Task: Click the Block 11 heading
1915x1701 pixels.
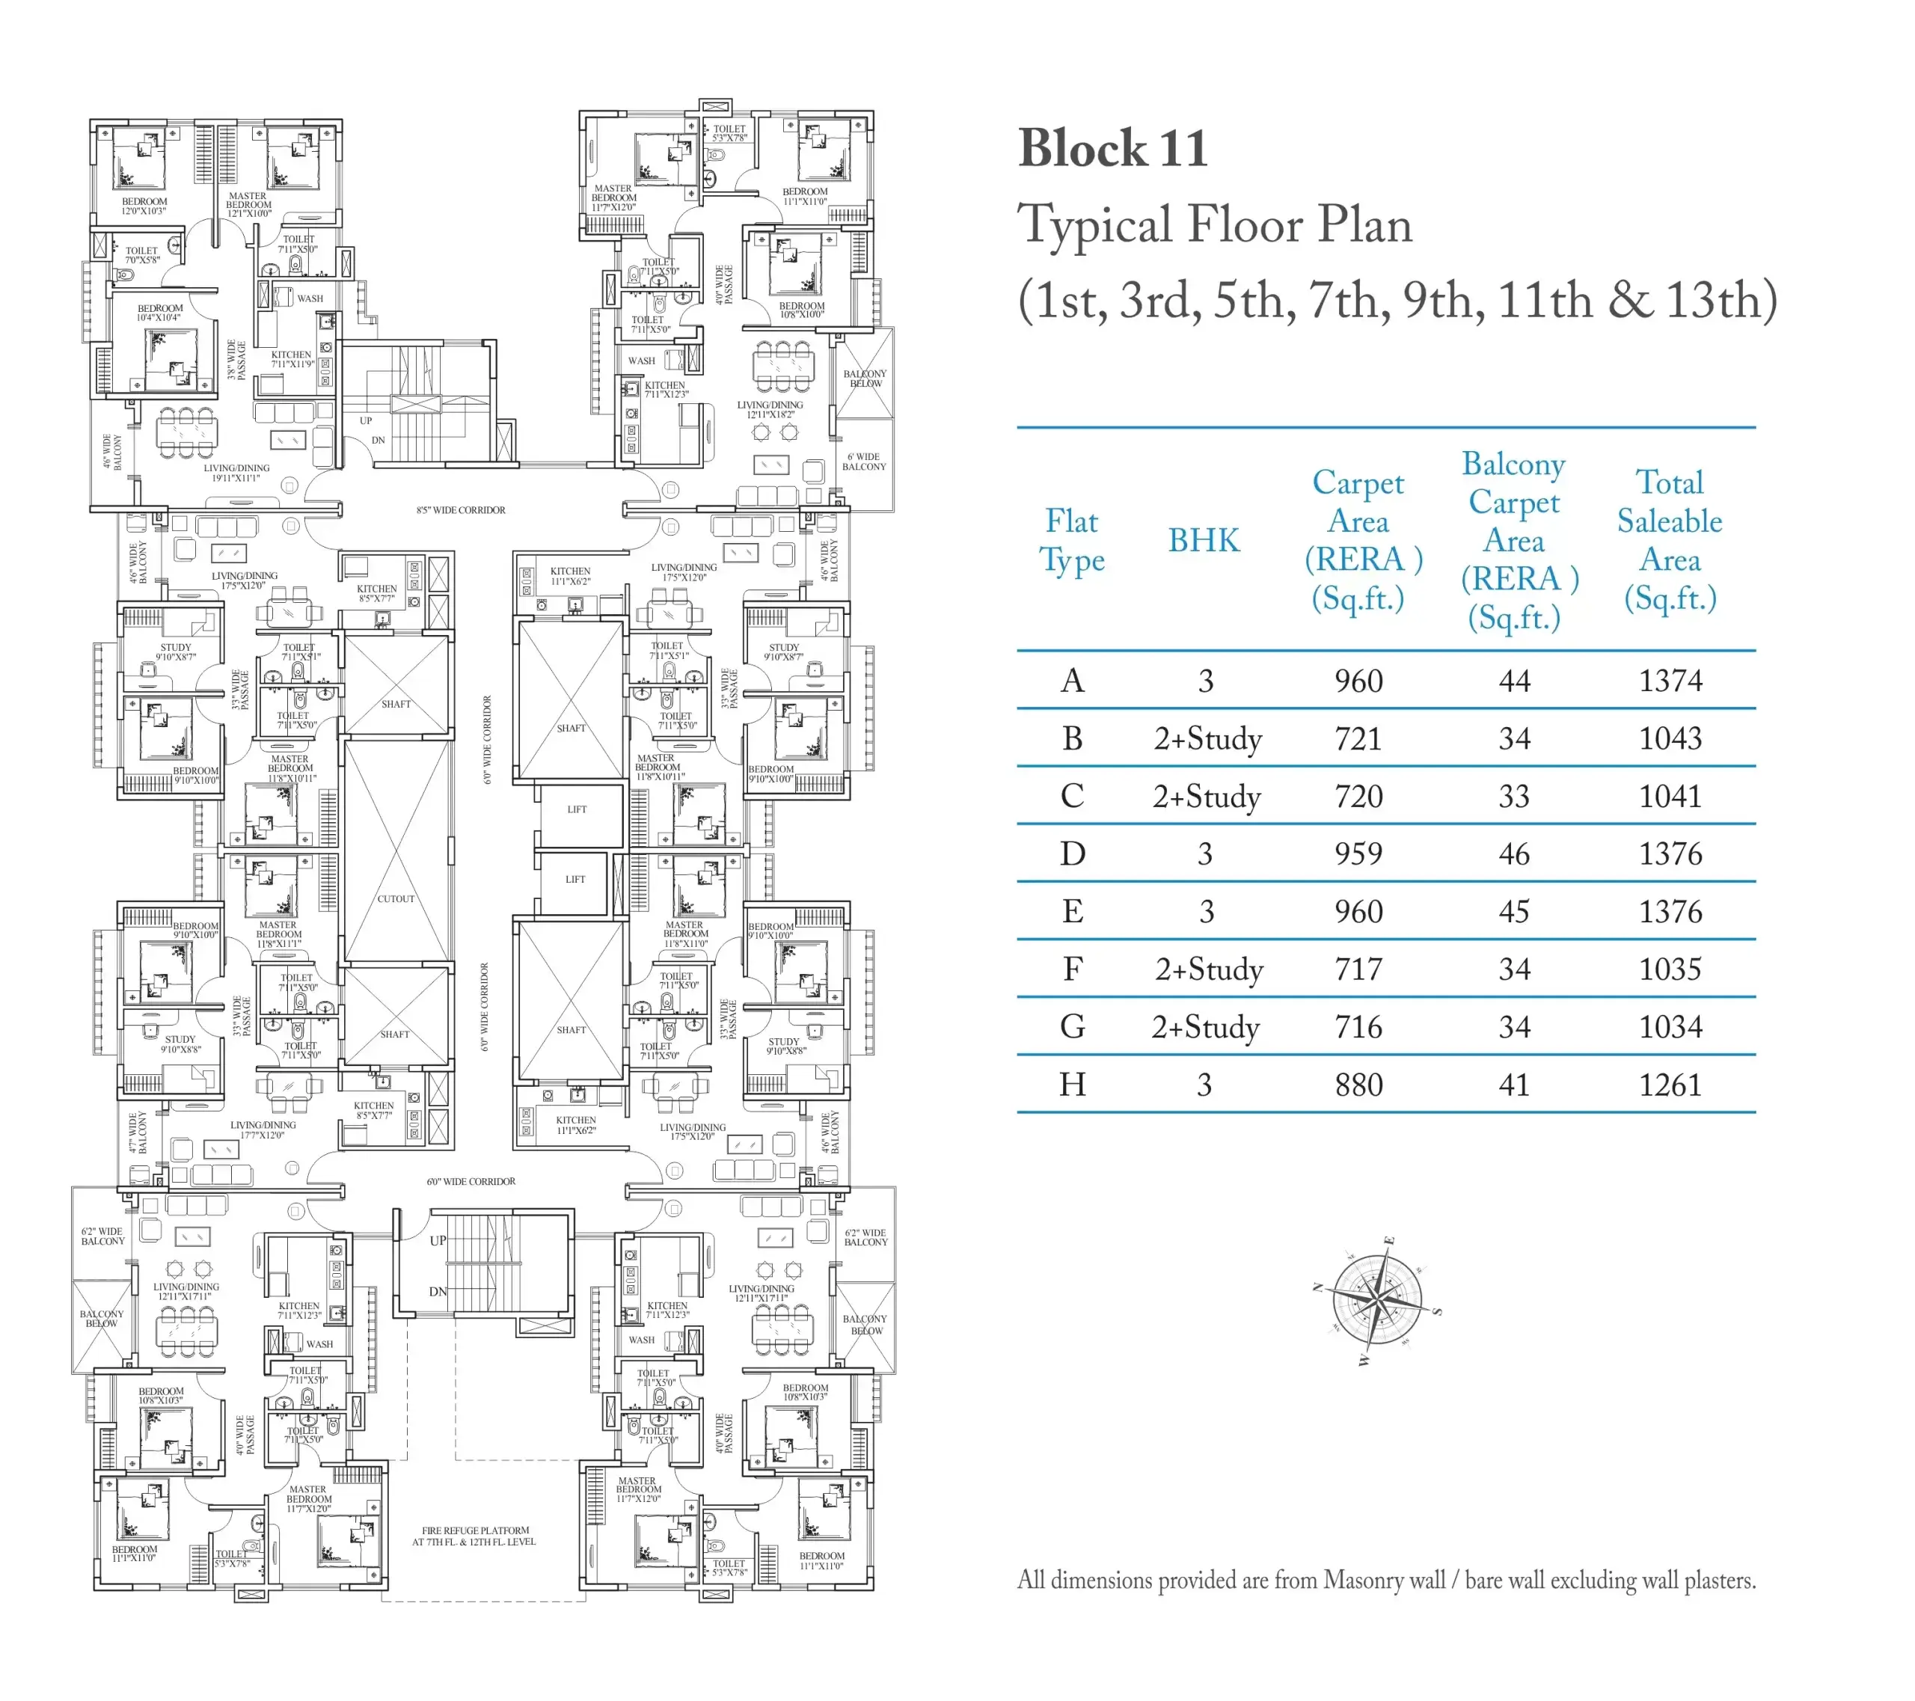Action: [1113, 148]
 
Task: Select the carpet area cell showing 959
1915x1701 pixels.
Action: [1358, 853]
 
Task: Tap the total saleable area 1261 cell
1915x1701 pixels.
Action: [1670, 1085]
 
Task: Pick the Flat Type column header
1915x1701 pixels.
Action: [1072, 541]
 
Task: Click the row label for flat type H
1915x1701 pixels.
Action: [1073, 1085]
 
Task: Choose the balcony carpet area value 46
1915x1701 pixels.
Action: [1514, 853]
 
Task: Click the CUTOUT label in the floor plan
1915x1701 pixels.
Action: [396, 898]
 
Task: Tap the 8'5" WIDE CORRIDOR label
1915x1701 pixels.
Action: [461, 510]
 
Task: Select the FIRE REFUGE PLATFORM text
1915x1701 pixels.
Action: [475, 1530]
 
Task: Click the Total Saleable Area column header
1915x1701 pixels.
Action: [1670, 541]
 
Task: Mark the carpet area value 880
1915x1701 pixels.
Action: [1358, 1085]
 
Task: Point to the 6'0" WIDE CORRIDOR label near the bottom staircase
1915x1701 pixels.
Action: [471, 1182]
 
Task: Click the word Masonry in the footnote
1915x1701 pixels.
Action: [1384, 1580]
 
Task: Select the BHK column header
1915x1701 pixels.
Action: [1204, 541]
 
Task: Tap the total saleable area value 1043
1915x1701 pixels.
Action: [1670, 738]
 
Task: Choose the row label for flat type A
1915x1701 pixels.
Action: [1073, 680]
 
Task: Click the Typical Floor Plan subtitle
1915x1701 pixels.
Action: [1215, 225]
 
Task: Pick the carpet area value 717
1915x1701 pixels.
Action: [1358, 969]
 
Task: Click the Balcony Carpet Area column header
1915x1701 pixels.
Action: [1514, 541]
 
